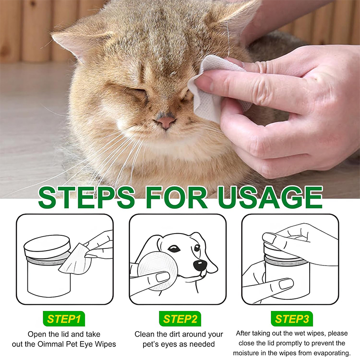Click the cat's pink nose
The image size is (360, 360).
coord(166,121)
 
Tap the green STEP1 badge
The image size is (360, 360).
coord(64,319)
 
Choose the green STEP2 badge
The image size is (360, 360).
coord(180,319)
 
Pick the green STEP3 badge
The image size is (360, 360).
coord(292,319)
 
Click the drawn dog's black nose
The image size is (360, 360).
coord(199,265)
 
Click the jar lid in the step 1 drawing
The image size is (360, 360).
coord(47,246)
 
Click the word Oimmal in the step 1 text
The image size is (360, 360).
coord(50,344)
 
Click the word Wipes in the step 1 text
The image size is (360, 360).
coord(105,344)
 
